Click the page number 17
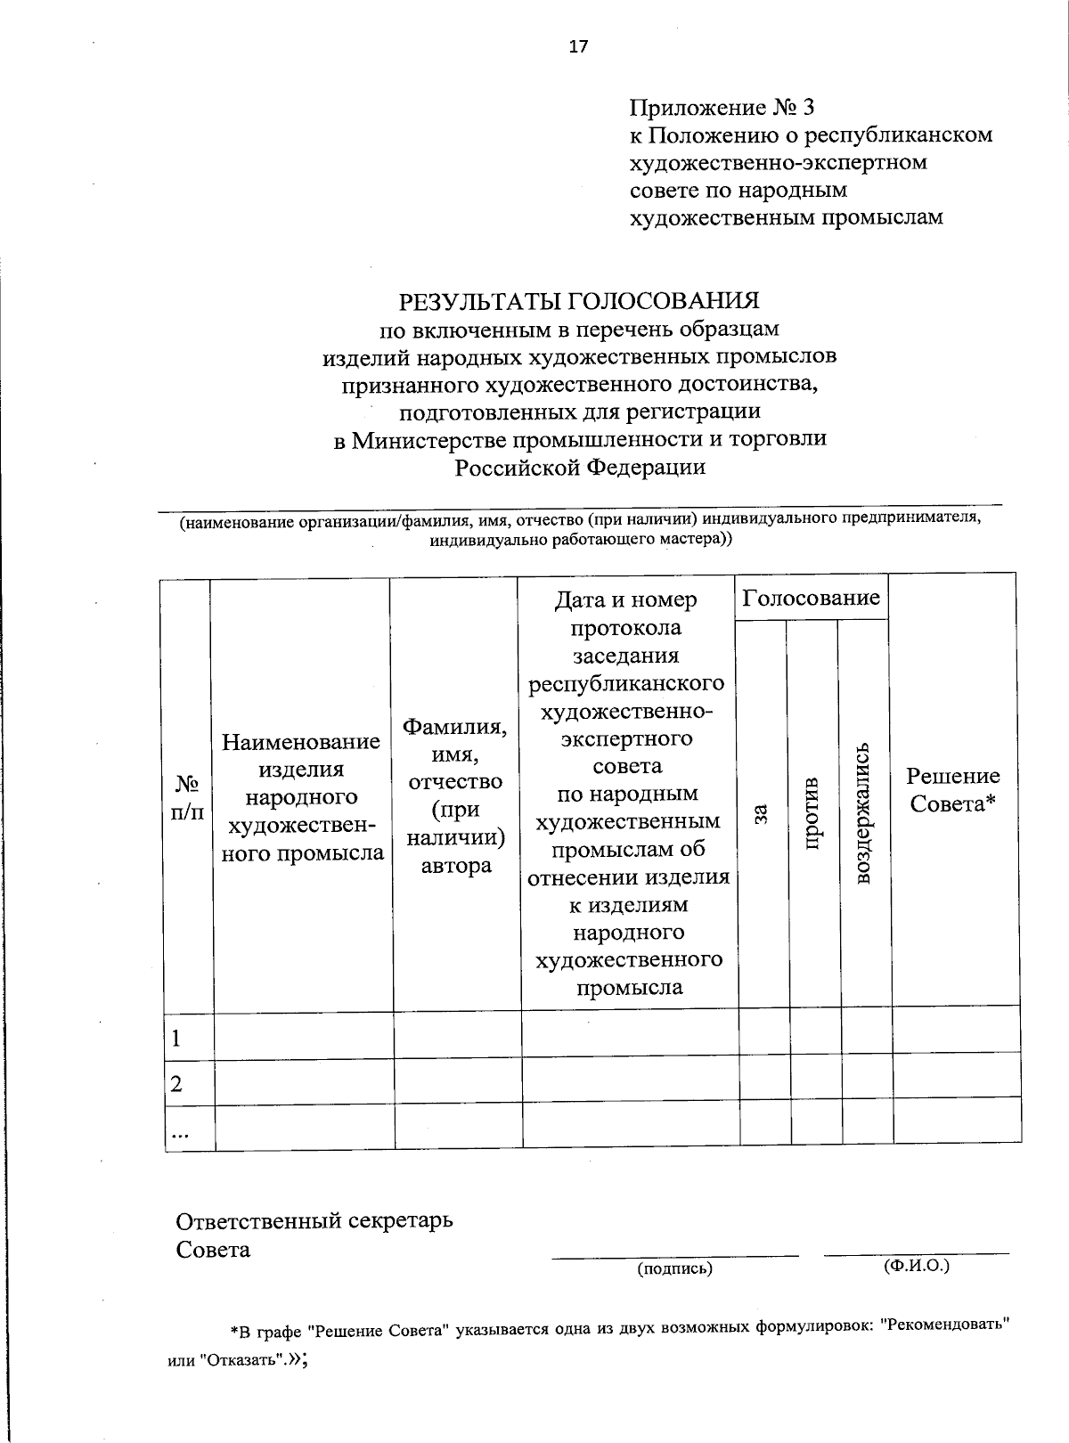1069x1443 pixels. [579, 47]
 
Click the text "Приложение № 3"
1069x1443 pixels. [722, 108]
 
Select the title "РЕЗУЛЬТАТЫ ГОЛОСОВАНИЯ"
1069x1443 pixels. [579, 300]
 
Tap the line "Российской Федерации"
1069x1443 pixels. [580, 467]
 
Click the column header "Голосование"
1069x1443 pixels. [812, 598]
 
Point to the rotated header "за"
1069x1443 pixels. [761, 812]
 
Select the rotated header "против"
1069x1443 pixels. [812, 812]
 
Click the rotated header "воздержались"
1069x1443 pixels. [862, 812]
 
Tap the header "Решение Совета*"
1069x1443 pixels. [953, 789]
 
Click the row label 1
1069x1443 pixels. [176, 1038]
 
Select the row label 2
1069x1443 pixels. [176, 1083]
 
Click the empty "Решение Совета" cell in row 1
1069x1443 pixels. [956, 1031]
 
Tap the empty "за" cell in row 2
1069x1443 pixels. [765, 1077]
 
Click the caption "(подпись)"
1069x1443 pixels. [674, 1268]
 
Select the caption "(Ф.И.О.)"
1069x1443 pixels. [917, 1265]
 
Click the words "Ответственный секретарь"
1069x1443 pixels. [314, 1219]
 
